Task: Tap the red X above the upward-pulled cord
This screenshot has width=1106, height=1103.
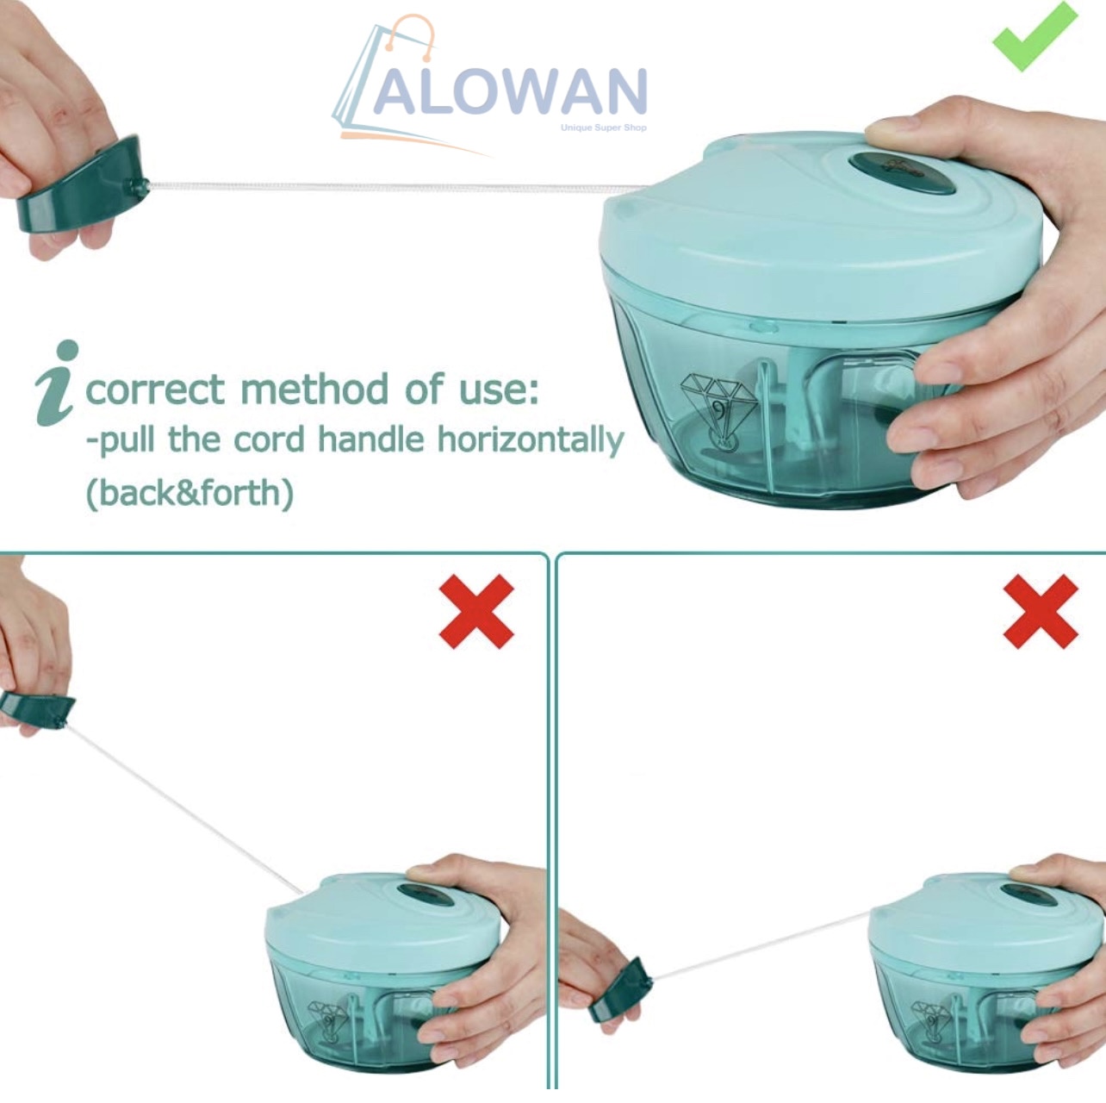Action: click(476, 612)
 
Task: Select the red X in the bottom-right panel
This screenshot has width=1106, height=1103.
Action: click(1041, 612)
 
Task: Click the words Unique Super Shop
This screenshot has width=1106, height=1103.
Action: click(603, 128)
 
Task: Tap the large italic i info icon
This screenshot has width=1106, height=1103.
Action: click(58, 383)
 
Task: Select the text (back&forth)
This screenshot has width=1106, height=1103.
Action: click(190, 493)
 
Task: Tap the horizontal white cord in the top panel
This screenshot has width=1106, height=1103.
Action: click(396, 185)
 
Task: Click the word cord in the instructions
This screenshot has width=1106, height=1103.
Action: click(269, 440)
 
